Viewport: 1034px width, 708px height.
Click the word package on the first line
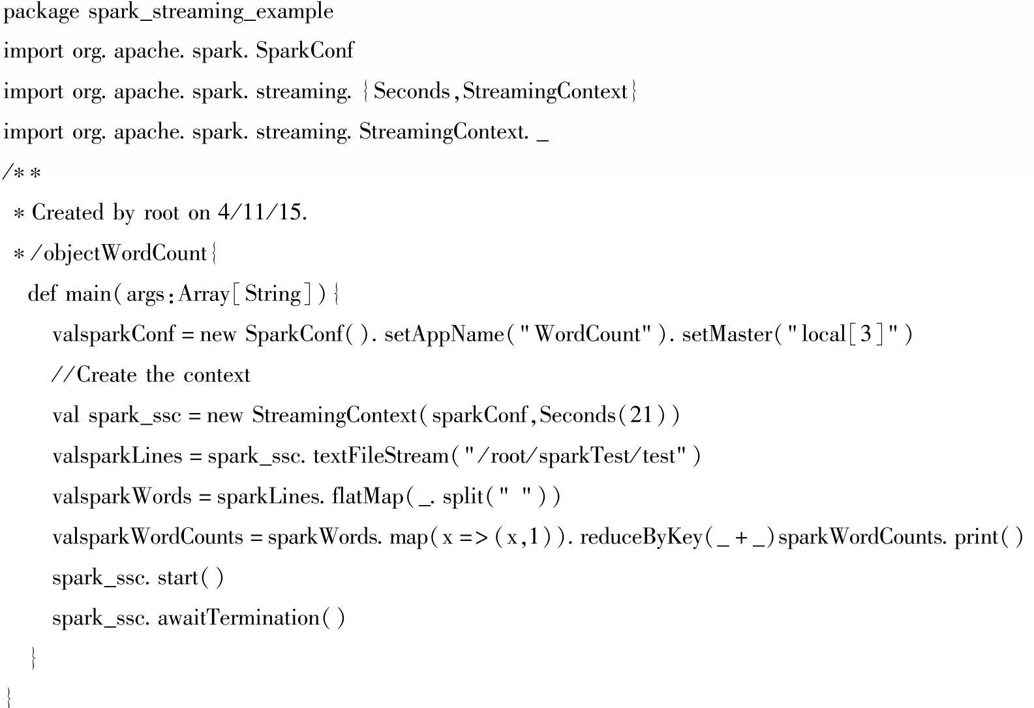pyautogui.click(x=41, y=12)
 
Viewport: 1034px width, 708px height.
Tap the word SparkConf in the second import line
pyautogui.click(x=305, y=51)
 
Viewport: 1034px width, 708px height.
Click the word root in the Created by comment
pyautogui.click(x=160, y=213)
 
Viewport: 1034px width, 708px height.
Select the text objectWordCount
pyautogui.click(x=125, y=253)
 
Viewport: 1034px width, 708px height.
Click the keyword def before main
pyautogui.click(x=42, y=294)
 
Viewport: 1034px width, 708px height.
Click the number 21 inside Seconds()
pyautogui.click(x=641, y=415)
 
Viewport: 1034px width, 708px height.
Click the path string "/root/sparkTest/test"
pyautogui.click(x=575, y=455)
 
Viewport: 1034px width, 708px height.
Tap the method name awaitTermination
pyautogui.click(x=238, y=618)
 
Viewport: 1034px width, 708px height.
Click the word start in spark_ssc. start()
pyautogui.click(x=178, y=577)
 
